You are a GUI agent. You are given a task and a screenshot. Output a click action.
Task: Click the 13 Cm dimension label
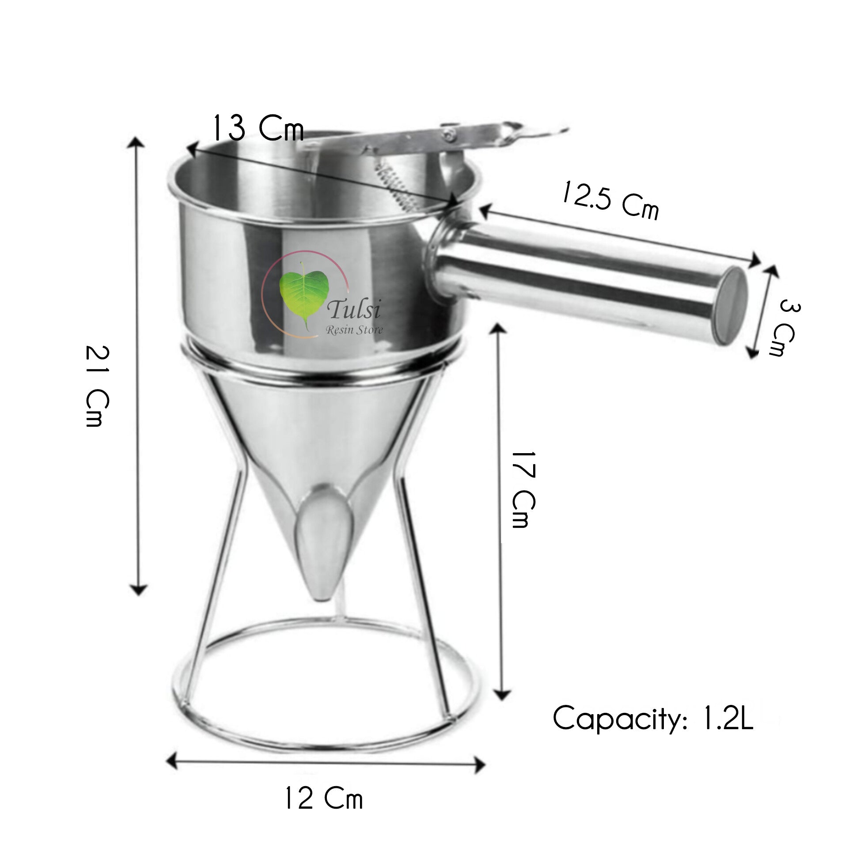point(258,128)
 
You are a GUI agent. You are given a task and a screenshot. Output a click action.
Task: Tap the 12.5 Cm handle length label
point(610,201)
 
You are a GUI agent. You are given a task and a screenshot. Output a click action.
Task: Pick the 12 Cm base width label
point(324,799)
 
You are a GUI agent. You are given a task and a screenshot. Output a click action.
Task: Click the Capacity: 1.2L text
point(652,719)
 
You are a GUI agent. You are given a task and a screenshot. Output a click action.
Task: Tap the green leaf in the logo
point(304,292)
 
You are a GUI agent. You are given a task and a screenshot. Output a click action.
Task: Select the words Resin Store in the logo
point(354,329)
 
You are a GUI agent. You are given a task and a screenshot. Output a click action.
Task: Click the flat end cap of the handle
point(731,305)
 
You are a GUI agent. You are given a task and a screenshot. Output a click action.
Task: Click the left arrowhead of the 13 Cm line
point(192,150)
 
